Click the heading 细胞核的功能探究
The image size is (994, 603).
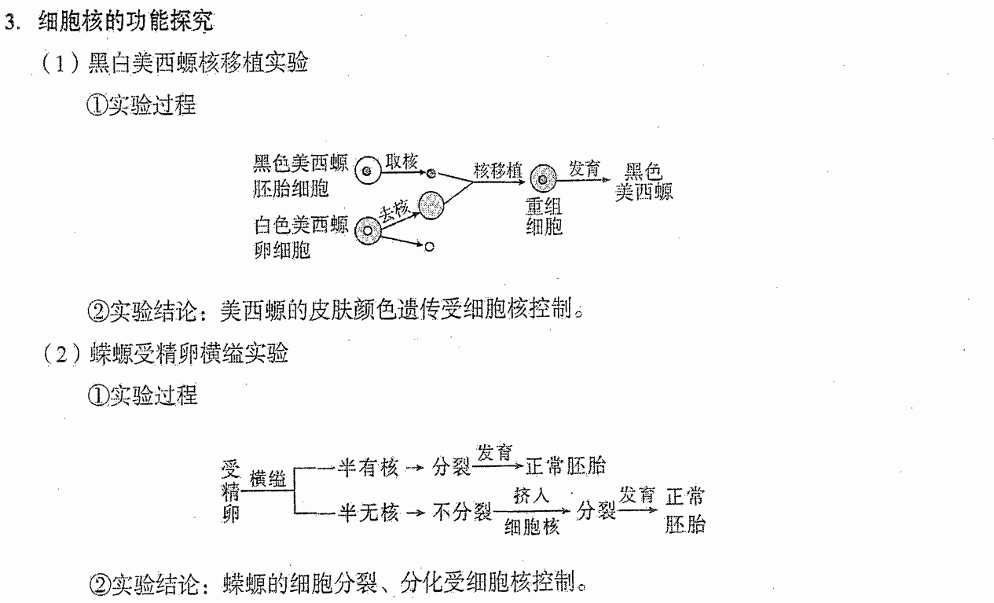pos(126,21)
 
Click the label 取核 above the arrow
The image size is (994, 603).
pos(402,162)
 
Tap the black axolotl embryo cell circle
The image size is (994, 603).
pos(368,171)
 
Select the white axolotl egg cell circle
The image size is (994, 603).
pos(368,231)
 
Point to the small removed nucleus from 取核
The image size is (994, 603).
pos(431,174)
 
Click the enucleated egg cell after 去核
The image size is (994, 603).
pos(431,206)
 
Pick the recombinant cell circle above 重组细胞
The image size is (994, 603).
pos(543,179)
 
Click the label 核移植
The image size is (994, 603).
pos(497,171)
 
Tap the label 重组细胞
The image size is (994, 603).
pos(544,216)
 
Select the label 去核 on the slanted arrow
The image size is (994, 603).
pos(394,211)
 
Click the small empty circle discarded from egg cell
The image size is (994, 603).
pos(429,247)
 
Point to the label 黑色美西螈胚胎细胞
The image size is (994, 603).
pos(300,176)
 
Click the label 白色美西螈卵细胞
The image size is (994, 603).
pos(300,237)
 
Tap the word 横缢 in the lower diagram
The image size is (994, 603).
pos(268,480)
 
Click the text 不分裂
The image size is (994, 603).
pos(462,513)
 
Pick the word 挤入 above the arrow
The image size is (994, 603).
pos(531,495)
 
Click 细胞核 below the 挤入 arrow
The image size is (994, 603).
pos(532,527)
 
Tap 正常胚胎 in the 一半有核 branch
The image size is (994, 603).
pos(566,466)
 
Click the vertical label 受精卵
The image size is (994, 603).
pos(231,491)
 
